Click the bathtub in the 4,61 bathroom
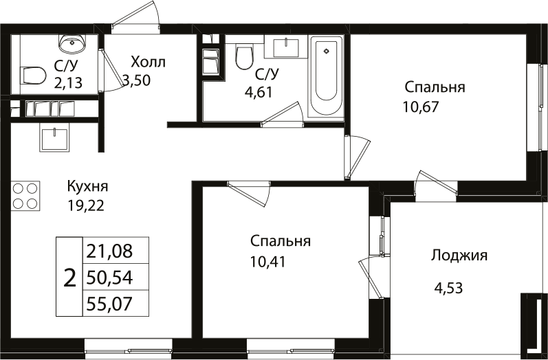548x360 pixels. [326, 77]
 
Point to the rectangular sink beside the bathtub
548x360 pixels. [286, 47]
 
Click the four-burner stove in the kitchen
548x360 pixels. [24, 195]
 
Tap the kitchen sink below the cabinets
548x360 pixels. [54, 139]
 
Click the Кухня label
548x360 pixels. [87, 186]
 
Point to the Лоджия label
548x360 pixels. [459, 256]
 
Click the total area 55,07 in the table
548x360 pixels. [116, 302]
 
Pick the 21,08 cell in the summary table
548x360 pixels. [116, 251]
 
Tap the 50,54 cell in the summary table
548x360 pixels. [116, 277]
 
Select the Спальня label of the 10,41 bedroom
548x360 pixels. [281, 241]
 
